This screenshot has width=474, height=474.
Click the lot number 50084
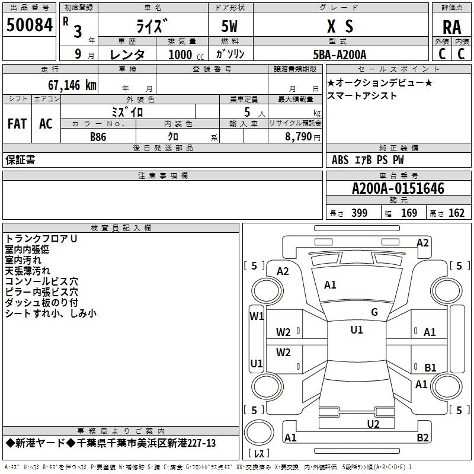pyautogui.click(x=29, y=25)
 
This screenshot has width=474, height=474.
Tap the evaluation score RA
pyautogui.click(x=451, y=27)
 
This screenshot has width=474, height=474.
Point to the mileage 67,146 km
pyautogui.click(x=66, y=85)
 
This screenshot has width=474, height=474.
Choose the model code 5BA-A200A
pyautogui.click(x=340, y=55)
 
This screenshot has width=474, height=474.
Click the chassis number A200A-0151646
pyautogui.click(x=398, y=189)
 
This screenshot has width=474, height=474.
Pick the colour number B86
pyautogui.click(x=98, y=136)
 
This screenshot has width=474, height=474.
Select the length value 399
pyautogui.click(x=359, y=213)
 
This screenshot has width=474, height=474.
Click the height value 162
pyautogui.click(x=456, y=213)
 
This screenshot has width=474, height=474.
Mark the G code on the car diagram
pyautogui.click(x=374, y=312)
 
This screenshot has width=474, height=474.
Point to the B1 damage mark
pyautogui.click(x=430, y=367)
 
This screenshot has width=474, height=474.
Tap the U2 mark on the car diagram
pyautogui.click(x=373, y=424)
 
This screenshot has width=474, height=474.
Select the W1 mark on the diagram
pyautogui.click(x=256, y=316)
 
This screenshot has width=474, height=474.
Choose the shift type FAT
pyautogui.click(x=17, y=124)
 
